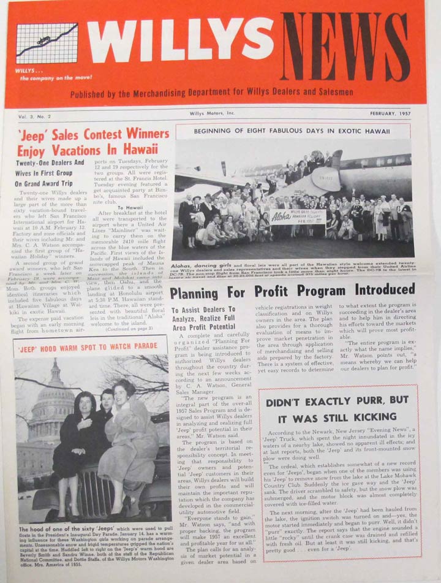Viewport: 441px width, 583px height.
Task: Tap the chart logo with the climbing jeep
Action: click(47, 44)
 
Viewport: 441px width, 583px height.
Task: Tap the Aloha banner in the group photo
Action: click(298, 216)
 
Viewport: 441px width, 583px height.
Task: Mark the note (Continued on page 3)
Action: click(129, 328)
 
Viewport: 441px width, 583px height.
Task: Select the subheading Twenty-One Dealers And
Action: click(50, 164)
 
